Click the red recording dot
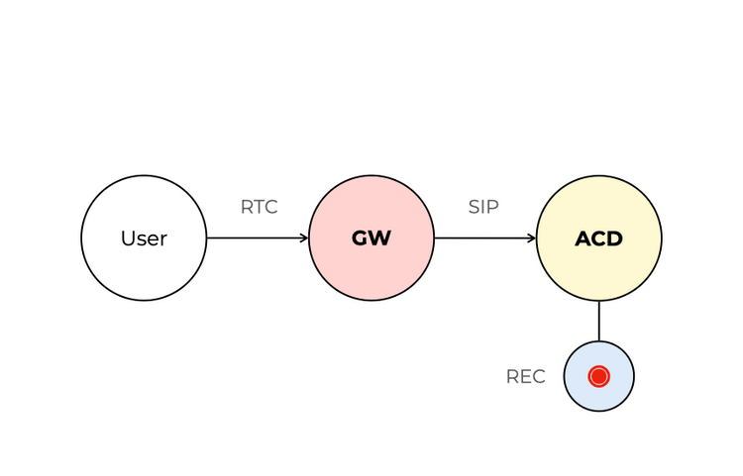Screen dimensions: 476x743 pyautogui.click(x=599, y=376)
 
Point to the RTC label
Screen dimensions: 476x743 pyautogui.click(x=259, y=208)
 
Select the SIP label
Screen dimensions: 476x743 pyautogui.click(x=483, y=208)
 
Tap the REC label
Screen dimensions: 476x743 pyautogui.click(x=525, y=377)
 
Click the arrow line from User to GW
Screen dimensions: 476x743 pyautogui.click(x=253, y=238)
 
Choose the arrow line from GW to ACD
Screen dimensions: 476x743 pyautogui.click(x=480, y=238)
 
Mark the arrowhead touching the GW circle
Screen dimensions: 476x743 pyautogui.click(x=304, y=238)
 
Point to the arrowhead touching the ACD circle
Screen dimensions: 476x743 pyautogui.click(x=532, y=238)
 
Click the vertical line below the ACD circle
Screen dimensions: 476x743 pyautogui.click(x=599, y=321)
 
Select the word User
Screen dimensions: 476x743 pyautogui.click(x=144, y=238)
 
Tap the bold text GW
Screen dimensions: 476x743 pyautogui.click(x=371, y=238)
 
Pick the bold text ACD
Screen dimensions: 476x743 pyautogui.click(x=599, y=238)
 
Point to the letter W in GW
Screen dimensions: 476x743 pyautogui.click(x=380, y=238)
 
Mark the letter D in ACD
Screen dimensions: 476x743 pyautogui.click(x=615, y=238)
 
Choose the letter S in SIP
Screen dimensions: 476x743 pyautogui.click(x=474, y=208)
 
